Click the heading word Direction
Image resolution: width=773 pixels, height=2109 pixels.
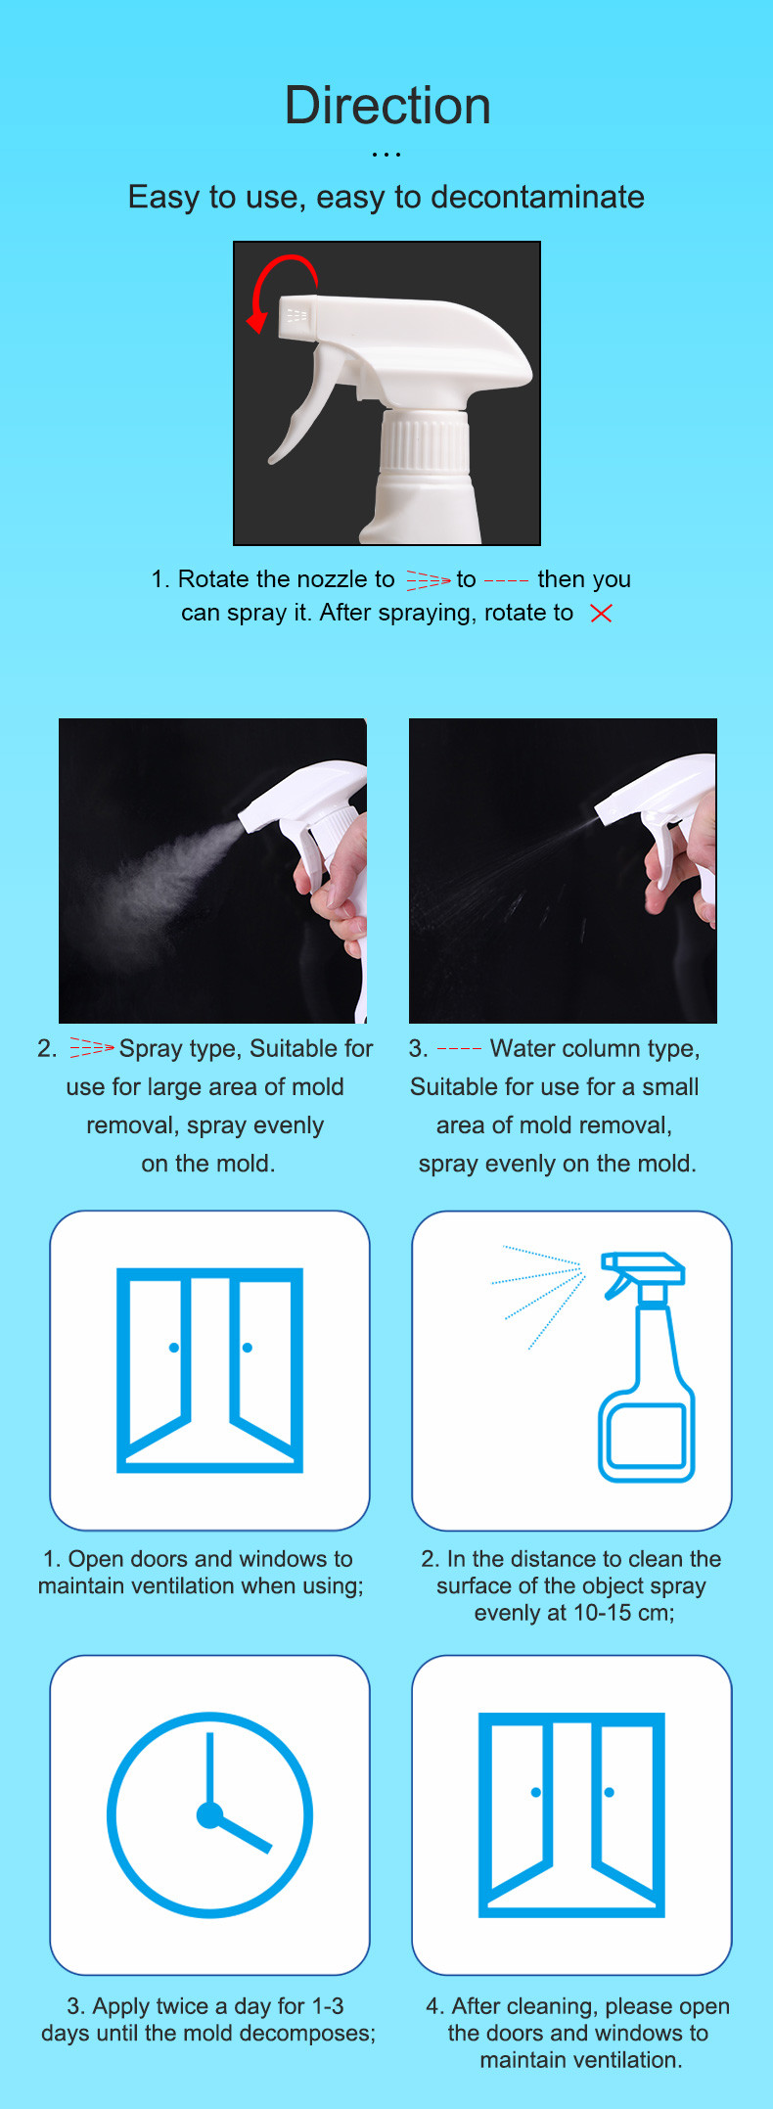coord(387,106)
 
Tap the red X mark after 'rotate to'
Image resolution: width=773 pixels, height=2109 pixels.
coord(601,614)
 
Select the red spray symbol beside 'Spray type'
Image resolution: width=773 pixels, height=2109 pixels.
coord(91,1049)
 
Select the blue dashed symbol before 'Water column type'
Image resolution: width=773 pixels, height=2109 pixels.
coord(459,1049)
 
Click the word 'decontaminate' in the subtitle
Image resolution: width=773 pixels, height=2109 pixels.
coord(537,197)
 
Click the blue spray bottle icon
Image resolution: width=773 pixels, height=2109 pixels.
coord(644,1366)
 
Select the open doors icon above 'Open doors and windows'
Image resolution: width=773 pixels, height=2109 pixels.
coord(209,1369)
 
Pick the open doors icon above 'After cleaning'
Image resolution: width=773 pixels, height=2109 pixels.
coord(571,1814)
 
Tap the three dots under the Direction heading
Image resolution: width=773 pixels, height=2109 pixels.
coord(386,155)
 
